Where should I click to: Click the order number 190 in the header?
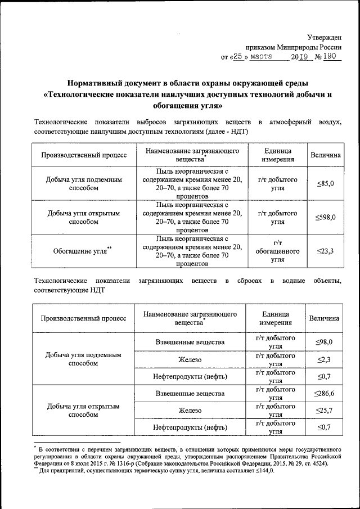pos(332,57)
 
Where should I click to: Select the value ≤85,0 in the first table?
pos(325,184)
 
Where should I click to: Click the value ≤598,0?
pos(325,217)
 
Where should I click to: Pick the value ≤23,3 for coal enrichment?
pos(325,251)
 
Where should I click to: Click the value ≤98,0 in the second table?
pos(324,342)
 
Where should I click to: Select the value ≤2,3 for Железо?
pos(324,359)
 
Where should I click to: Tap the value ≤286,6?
pos(324,393)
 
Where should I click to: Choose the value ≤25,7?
pos(324,411)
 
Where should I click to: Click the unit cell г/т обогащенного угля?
pos(277,251)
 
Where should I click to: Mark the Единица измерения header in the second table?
pos(276,318)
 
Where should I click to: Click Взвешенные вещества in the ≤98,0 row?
pos(190,342)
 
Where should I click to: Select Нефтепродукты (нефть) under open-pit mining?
pos(190,428)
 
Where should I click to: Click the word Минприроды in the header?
pos(299,47)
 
